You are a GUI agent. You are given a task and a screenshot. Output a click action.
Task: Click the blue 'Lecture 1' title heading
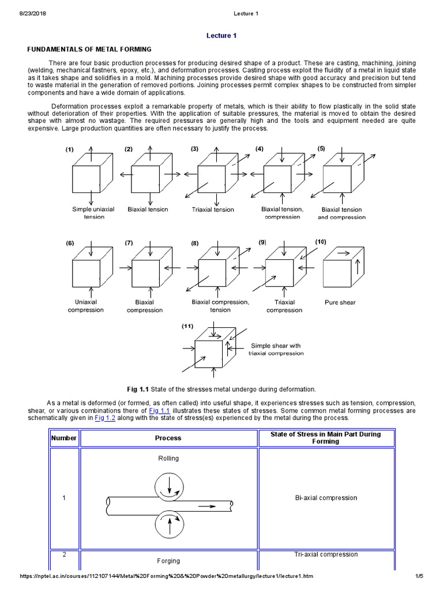click(221, 36)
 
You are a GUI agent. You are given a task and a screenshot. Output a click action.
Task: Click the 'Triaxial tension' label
click(213, 210)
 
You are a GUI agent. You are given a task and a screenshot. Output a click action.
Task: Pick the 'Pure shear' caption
click(340, 302)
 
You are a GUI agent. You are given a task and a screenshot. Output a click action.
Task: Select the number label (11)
click(187, 326)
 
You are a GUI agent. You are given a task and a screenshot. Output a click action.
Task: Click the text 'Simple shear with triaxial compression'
click(276, 349)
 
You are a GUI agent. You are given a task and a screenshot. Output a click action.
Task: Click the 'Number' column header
click(64, 438)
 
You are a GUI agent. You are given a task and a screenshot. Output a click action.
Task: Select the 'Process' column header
click(168, 438)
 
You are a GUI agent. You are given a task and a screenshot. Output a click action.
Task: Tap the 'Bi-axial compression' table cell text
click(326, 498)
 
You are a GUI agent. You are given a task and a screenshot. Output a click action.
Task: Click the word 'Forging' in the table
click(168, 561)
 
